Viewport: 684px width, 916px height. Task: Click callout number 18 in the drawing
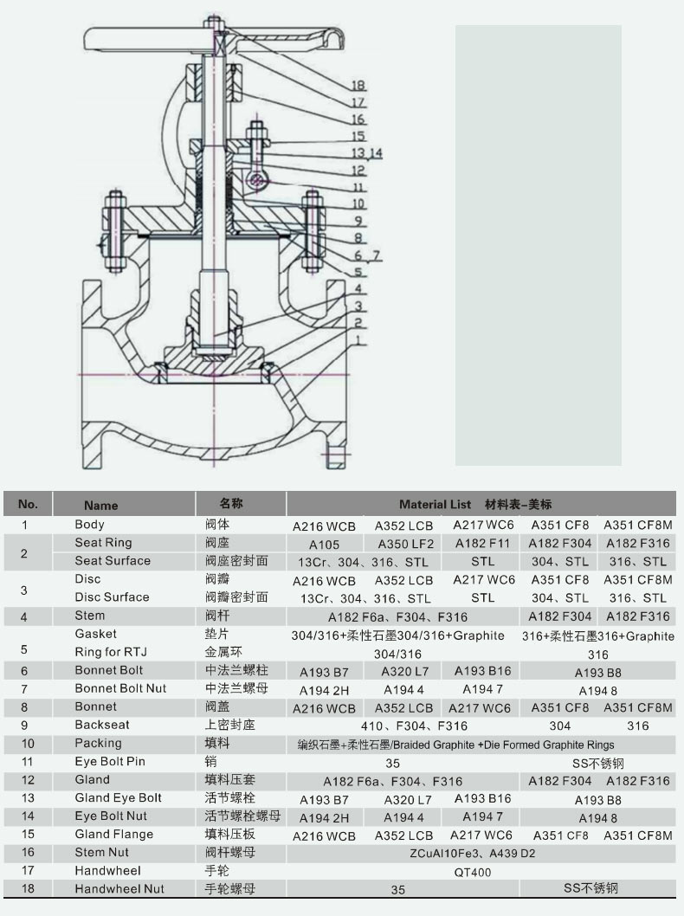[x=358, y=86]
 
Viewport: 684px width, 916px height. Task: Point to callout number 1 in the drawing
[x=358, y=339]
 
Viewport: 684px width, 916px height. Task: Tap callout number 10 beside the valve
[x=358, y=203]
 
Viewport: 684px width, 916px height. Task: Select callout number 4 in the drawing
[x=358, y=288]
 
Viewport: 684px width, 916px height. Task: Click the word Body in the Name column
[x=89, y=524]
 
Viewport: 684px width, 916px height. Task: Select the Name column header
[x=100, y=506]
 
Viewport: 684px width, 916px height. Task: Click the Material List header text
[x=435, y=504]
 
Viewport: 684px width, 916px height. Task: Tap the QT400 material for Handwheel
[x=473, y=872]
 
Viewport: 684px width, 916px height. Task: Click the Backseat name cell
[x=102, y=725]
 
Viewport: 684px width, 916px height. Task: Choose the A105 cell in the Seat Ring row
[x=324, y=545]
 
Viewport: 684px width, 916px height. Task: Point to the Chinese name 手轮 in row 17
[x=216, y=870]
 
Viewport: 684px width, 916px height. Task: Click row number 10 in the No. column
[x=28, y=744]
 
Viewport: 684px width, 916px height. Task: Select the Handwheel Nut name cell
[x=119, y=888]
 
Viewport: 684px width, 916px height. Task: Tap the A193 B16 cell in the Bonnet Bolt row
[x=482, y=671]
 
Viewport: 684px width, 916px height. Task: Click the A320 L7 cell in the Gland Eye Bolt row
[x=408, y=800]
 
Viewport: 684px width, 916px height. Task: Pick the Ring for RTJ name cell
[x=111, y=652]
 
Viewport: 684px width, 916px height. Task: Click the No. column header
[x=28, y=504]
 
